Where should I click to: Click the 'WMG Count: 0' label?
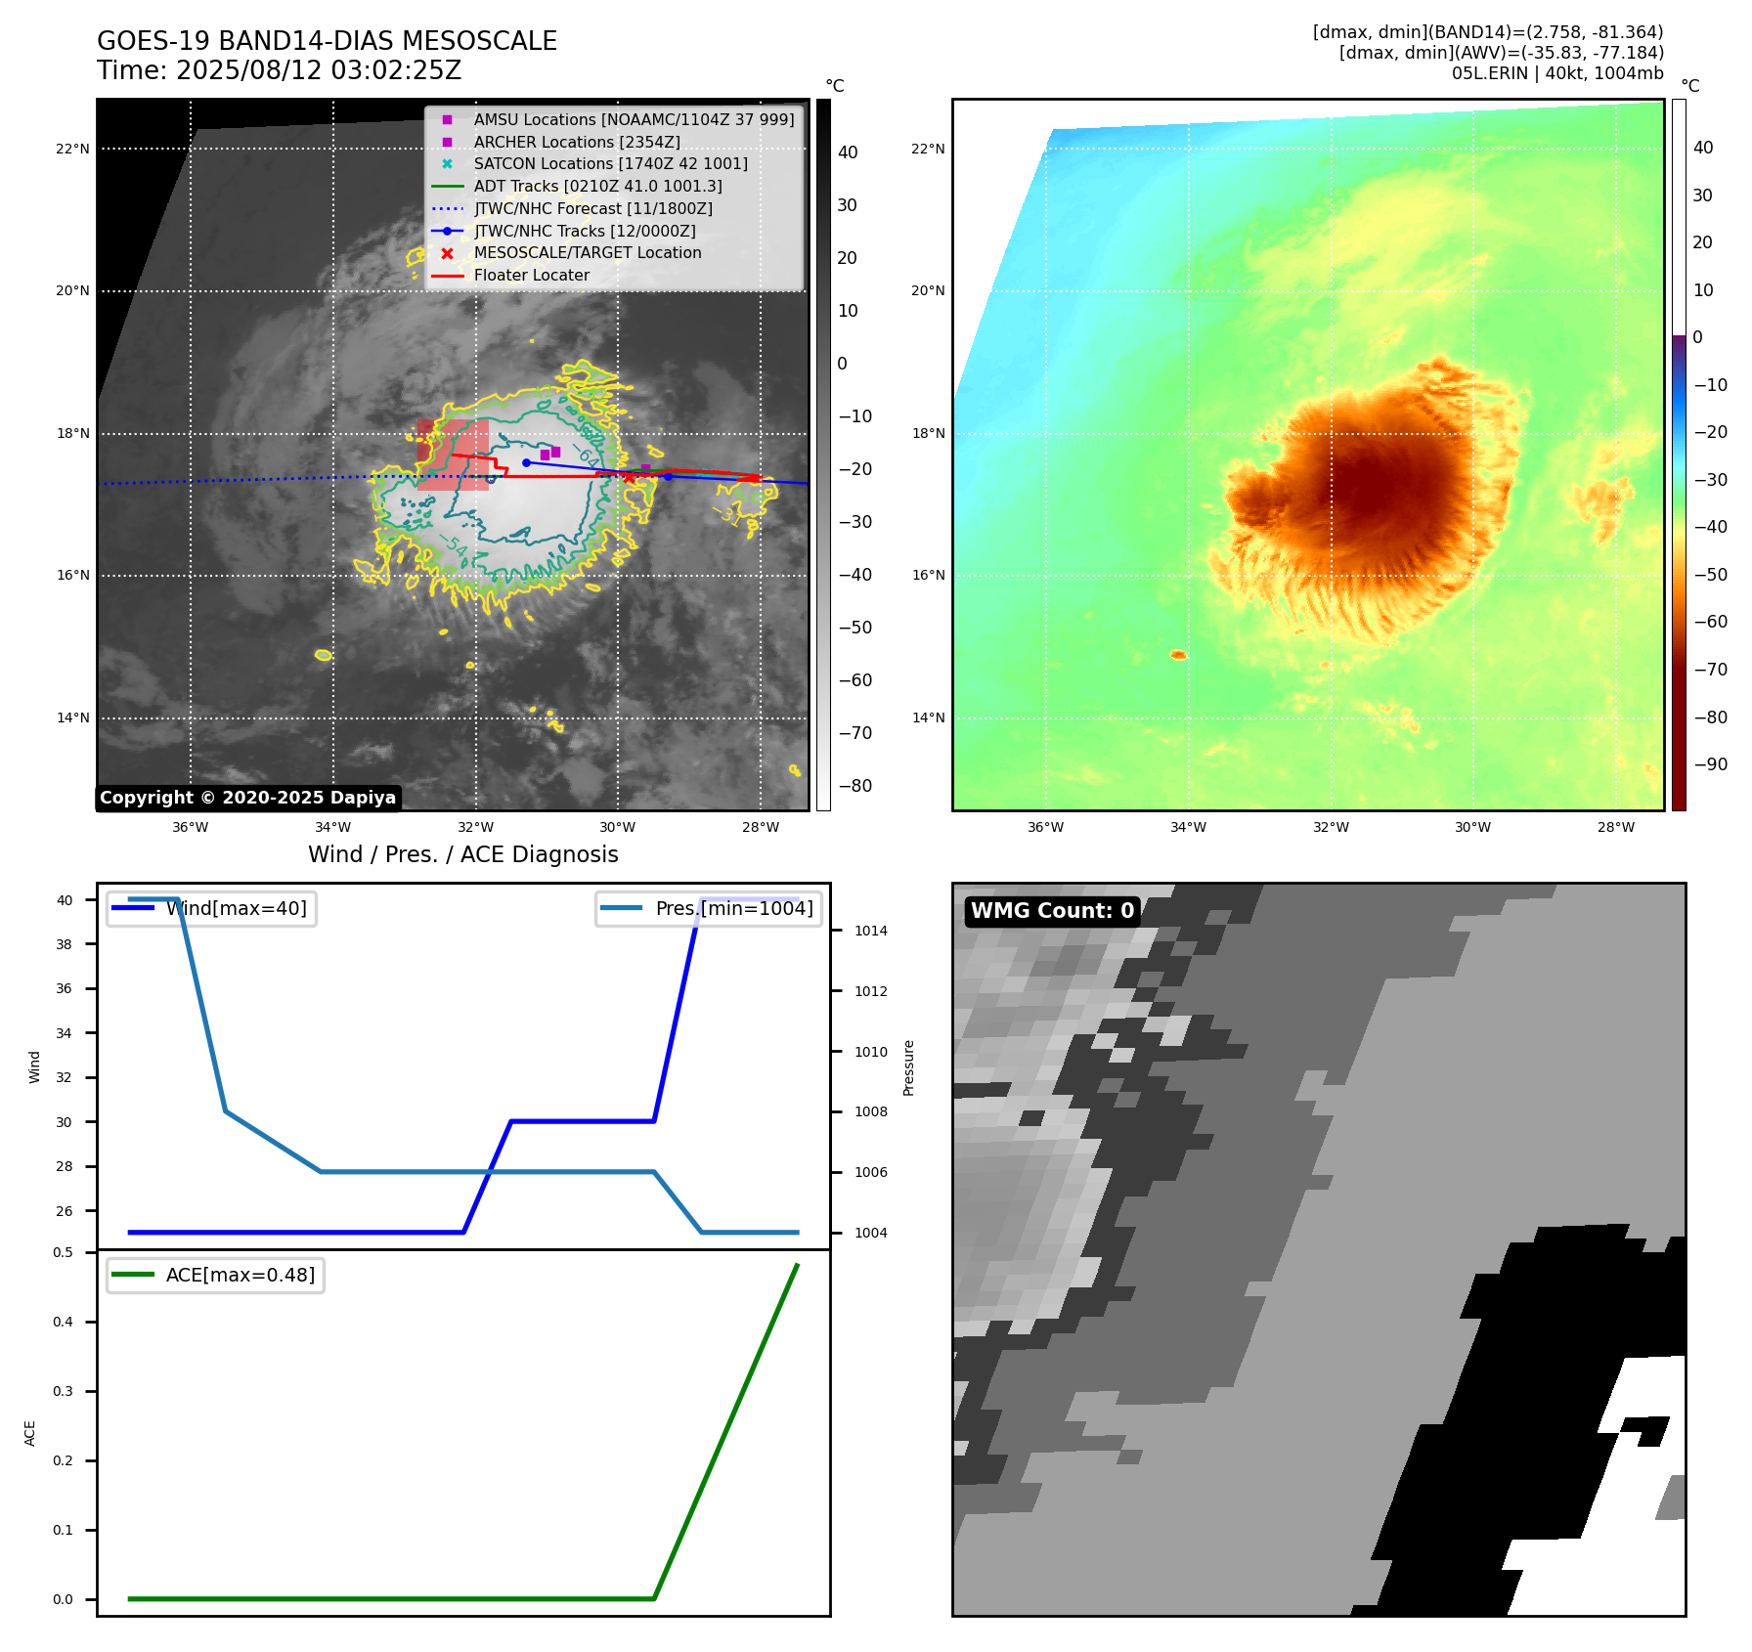coord(1052,911)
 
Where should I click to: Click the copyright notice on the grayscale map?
coord(247,798)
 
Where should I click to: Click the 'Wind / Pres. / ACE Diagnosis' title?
coord(462,855)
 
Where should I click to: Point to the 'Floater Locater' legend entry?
coord(531,276)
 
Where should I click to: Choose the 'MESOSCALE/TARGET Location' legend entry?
coord(587,253)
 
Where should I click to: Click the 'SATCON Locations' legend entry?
coord(610,164)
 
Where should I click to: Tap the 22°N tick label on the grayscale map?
coord(72,150)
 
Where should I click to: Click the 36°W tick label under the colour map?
coord(1045,828)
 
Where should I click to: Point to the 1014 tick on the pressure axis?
coord(870,932)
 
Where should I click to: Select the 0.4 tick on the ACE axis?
coord(63,1323)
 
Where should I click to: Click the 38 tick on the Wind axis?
coord(64,945)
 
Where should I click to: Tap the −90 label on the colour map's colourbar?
coord(1710,764)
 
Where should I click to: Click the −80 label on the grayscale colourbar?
coord(854,786)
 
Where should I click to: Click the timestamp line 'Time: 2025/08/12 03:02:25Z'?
coord(279,71)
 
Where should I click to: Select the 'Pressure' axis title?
coord(909,1067)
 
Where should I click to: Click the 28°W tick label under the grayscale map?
coord(760,828)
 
